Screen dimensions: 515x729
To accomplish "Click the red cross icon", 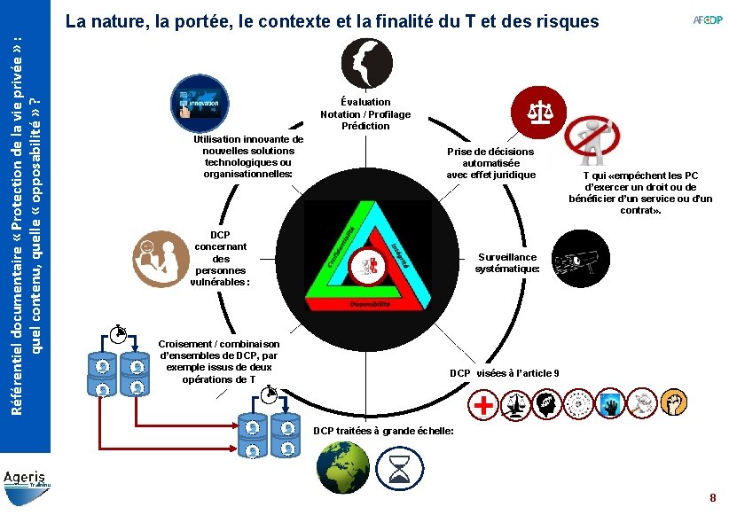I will (483, 406).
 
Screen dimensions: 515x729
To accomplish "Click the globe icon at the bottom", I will (342, 464).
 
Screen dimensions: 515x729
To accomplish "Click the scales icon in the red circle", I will (537, 111).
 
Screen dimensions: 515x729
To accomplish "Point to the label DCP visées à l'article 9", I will (504, 373).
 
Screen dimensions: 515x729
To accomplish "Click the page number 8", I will (712, 499).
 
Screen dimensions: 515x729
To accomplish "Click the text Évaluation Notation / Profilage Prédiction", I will (365, 114).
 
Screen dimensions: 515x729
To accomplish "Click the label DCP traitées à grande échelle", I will (384, 431).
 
